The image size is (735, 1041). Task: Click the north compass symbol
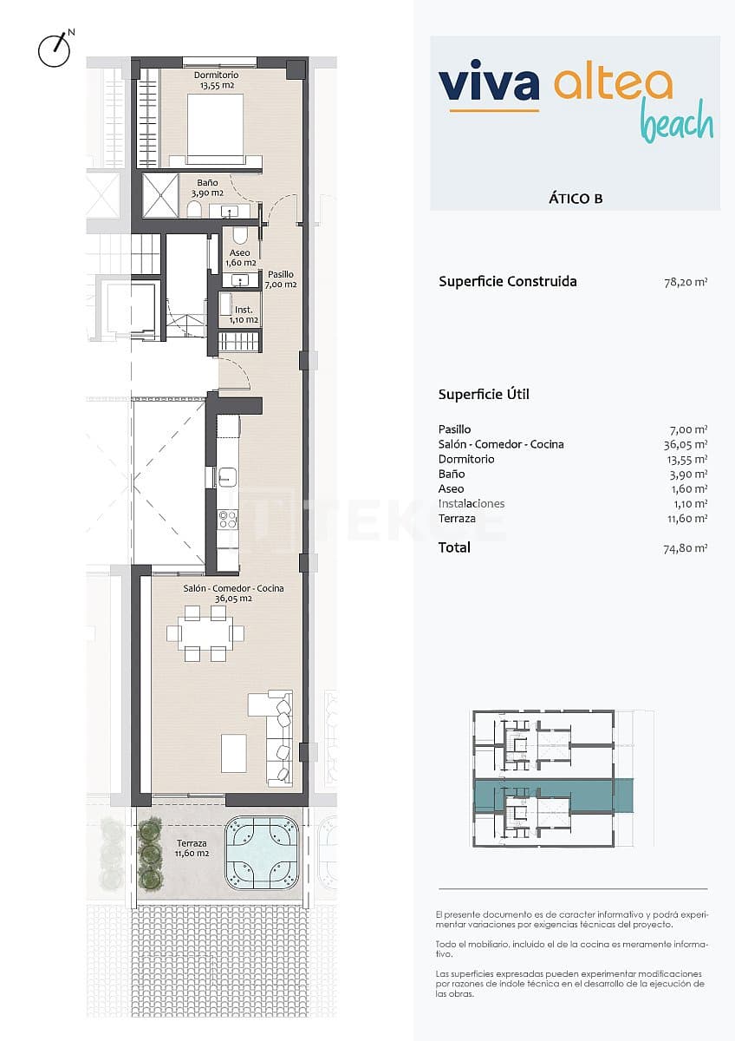click(x=54, y=49)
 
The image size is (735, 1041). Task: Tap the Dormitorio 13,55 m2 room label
click(x=215, y=81)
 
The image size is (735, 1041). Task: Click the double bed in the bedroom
click(x=215, y=127)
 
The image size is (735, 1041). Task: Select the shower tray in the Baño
click(x=159, y=193)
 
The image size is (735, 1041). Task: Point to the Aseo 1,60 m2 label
click(x=240, y=258)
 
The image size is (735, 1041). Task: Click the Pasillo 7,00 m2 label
click(x=281, y=279)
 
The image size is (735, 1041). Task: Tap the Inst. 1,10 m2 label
click(x=244, y=314)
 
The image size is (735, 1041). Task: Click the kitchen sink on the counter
click(x=228, y=475)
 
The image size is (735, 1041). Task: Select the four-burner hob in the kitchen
click(x=228, y=519)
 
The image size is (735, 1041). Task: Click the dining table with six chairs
click(x=205, y=632)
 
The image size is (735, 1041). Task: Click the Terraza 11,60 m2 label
click(x=192, y=848)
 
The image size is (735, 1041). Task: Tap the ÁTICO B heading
click(x=575, y=198)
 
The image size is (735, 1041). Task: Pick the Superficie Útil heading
click(x=484, y=395)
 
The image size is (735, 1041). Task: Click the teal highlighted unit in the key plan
click(x=546, y=794)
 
